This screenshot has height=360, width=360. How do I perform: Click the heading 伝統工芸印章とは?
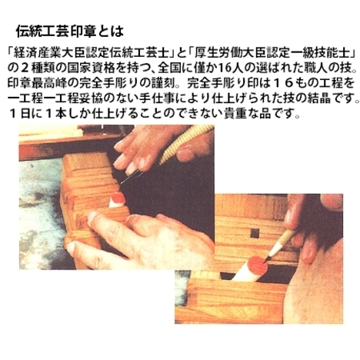(x=70, y=32)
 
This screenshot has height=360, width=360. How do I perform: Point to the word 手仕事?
(x=158, y=98)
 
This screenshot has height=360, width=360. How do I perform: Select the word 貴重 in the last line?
(x=235, y=114)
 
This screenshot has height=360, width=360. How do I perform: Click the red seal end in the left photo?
(x=118, y=198)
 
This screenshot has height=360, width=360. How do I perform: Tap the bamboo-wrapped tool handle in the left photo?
(x=187, y=144)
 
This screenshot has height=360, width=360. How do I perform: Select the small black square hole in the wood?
(x=255, y=233)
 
